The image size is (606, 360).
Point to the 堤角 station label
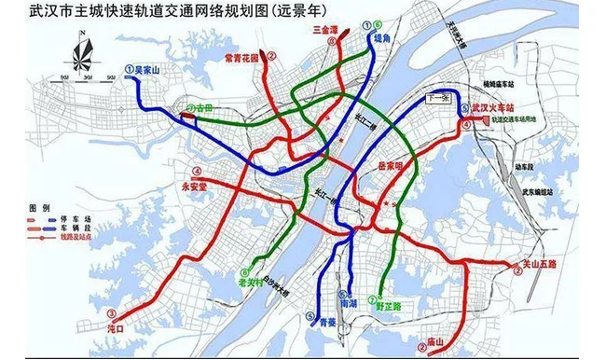pos(379,39)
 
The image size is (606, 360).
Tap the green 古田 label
pos(203,108)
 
